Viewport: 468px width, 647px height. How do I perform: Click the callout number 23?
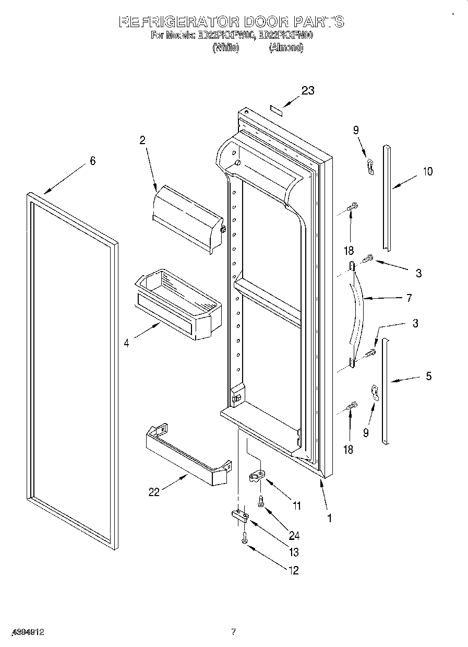tap(308, 90)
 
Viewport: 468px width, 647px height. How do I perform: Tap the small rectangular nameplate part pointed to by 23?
tap(276, 109)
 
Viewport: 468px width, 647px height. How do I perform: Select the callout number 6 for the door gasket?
tap(92, 161)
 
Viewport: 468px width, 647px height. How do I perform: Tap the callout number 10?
tap(427, 171)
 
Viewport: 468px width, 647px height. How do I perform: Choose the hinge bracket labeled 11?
tap(258, 476)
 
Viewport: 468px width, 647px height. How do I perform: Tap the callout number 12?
tap(293, 570)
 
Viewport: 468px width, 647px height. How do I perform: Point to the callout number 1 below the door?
tap(329, 517)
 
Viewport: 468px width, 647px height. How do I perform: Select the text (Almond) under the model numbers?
tap(285, 47)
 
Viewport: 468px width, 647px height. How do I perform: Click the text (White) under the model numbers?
tap(225, 47)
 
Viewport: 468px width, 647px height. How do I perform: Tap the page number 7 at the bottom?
tap(234, 632)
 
